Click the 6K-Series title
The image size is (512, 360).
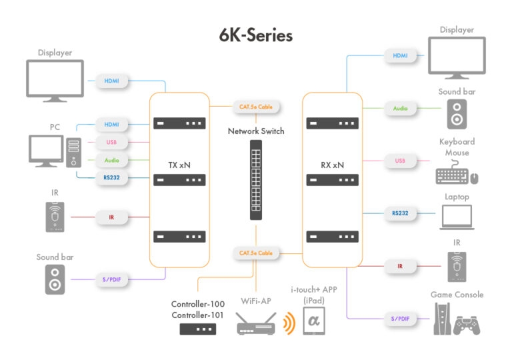coord(256,35)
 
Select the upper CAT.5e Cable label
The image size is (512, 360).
coord(256,106)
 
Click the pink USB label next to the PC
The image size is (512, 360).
coord(111,143)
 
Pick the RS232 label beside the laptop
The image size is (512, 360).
coord(400,213)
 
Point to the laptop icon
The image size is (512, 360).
coord(457,217)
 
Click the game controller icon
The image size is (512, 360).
coord(467,326)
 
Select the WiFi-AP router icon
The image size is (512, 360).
coord(256,325)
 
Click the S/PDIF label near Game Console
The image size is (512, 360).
coord(400,319)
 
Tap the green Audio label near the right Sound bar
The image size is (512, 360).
coord(400,107)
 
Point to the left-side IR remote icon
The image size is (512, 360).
coord(55,217)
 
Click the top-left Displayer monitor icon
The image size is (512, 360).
coord(55,81)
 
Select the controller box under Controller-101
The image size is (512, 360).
coord(198,329)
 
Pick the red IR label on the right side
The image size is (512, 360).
coord(400,266)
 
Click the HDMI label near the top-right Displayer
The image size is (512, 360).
coord(400,56)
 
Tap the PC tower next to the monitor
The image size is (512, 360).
coord(74,152)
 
